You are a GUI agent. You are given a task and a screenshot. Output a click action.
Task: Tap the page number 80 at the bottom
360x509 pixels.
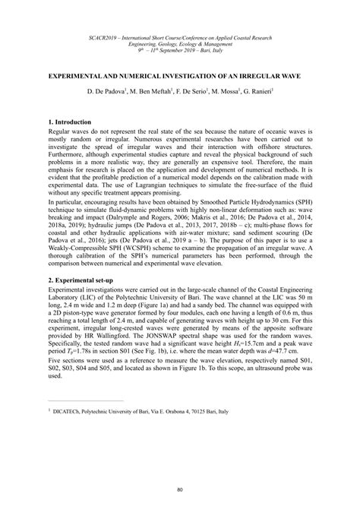(x=180, y=489)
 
